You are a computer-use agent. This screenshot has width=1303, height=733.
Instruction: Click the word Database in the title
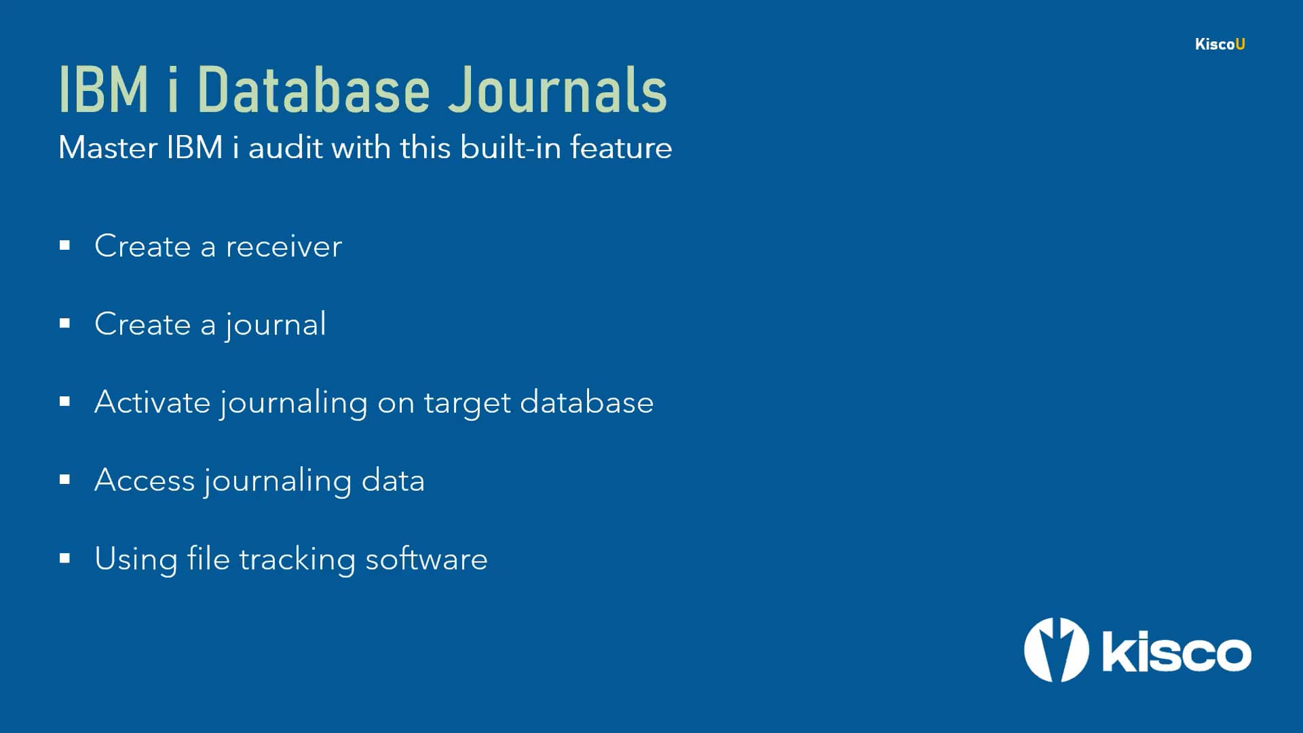[314, 90]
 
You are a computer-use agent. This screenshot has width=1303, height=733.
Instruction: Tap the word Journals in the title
[557, 90]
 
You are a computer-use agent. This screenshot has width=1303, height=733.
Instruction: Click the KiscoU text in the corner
[1220, 44]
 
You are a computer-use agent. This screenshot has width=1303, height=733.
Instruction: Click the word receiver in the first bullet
[284, 246]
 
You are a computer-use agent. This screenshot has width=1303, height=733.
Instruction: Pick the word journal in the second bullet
[276, 325]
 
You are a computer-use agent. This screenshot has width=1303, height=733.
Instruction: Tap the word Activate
[153, 402]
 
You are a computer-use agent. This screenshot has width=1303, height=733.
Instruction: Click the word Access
[145, 481]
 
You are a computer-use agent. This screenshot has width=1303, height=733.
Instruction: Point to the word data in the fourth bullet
[393, 481]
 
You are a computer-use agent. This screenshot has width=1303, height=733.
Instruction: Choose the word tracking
[297, 560]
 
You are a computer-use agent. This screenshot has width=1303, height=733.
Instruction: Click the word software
[426, 559]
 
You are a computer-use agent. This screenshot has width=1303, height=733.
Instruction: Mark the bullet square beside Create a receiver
[65, 246]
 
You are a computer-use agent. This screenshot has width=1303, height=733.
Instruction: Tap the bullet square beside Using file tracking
[65, 559]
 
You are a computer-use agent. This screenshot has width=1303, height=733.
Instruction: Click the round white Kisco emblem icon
[1056, 650]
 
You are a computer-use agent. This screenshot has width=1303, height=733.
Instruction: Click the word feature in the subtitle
[621, 147]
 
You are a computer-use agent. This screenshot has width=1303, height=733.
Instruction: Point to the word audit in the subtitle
[286, 147]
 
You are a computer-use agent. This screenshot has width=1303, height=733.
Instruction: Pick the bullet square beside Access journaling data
[65, 481]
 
